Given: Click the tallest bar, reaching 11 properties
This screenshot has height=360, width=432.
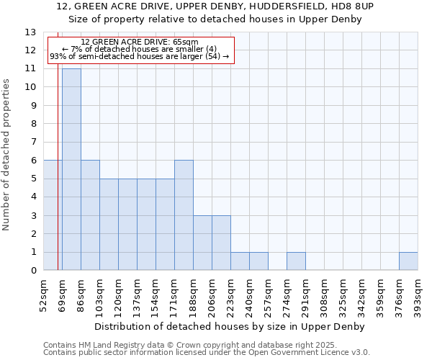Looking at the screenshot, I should tap(71, 169).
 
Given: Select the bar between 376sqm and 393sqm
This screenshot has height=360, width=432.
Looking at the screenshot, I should tap(408, 261).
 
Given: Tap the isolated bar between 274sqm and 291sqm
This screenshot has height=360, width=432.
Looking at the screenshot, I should tap(296, 261).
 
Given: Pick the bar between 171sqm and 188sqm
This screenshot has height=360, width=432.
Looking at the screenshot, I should tap(184, 215).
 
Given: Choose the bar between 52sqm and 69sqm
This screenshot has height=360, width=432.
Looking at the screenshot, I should tap(53, 215).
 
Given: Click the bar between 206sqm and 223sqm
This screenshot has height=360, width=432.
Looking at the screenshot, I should tap(221, 243).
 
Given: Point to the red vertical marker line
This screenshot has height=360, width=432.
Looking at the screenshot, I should tap(58, 180).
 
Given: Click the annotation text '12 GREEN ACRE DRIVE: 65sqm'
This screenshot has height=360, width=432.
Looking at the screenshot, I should tap(140, 42).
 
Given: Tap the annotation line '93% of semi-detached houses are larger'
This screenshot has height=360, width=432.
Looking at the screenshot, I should tap(139, 56).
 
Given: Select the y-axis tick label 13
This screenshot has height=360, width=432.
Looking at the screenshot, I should tap(30, 32).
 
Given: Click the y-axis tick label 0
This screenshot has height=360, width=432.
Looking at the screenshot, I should tap(33, 271).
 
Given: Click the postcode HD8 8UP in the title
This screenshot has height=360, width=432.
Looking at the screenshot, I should tap(353, 6).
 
